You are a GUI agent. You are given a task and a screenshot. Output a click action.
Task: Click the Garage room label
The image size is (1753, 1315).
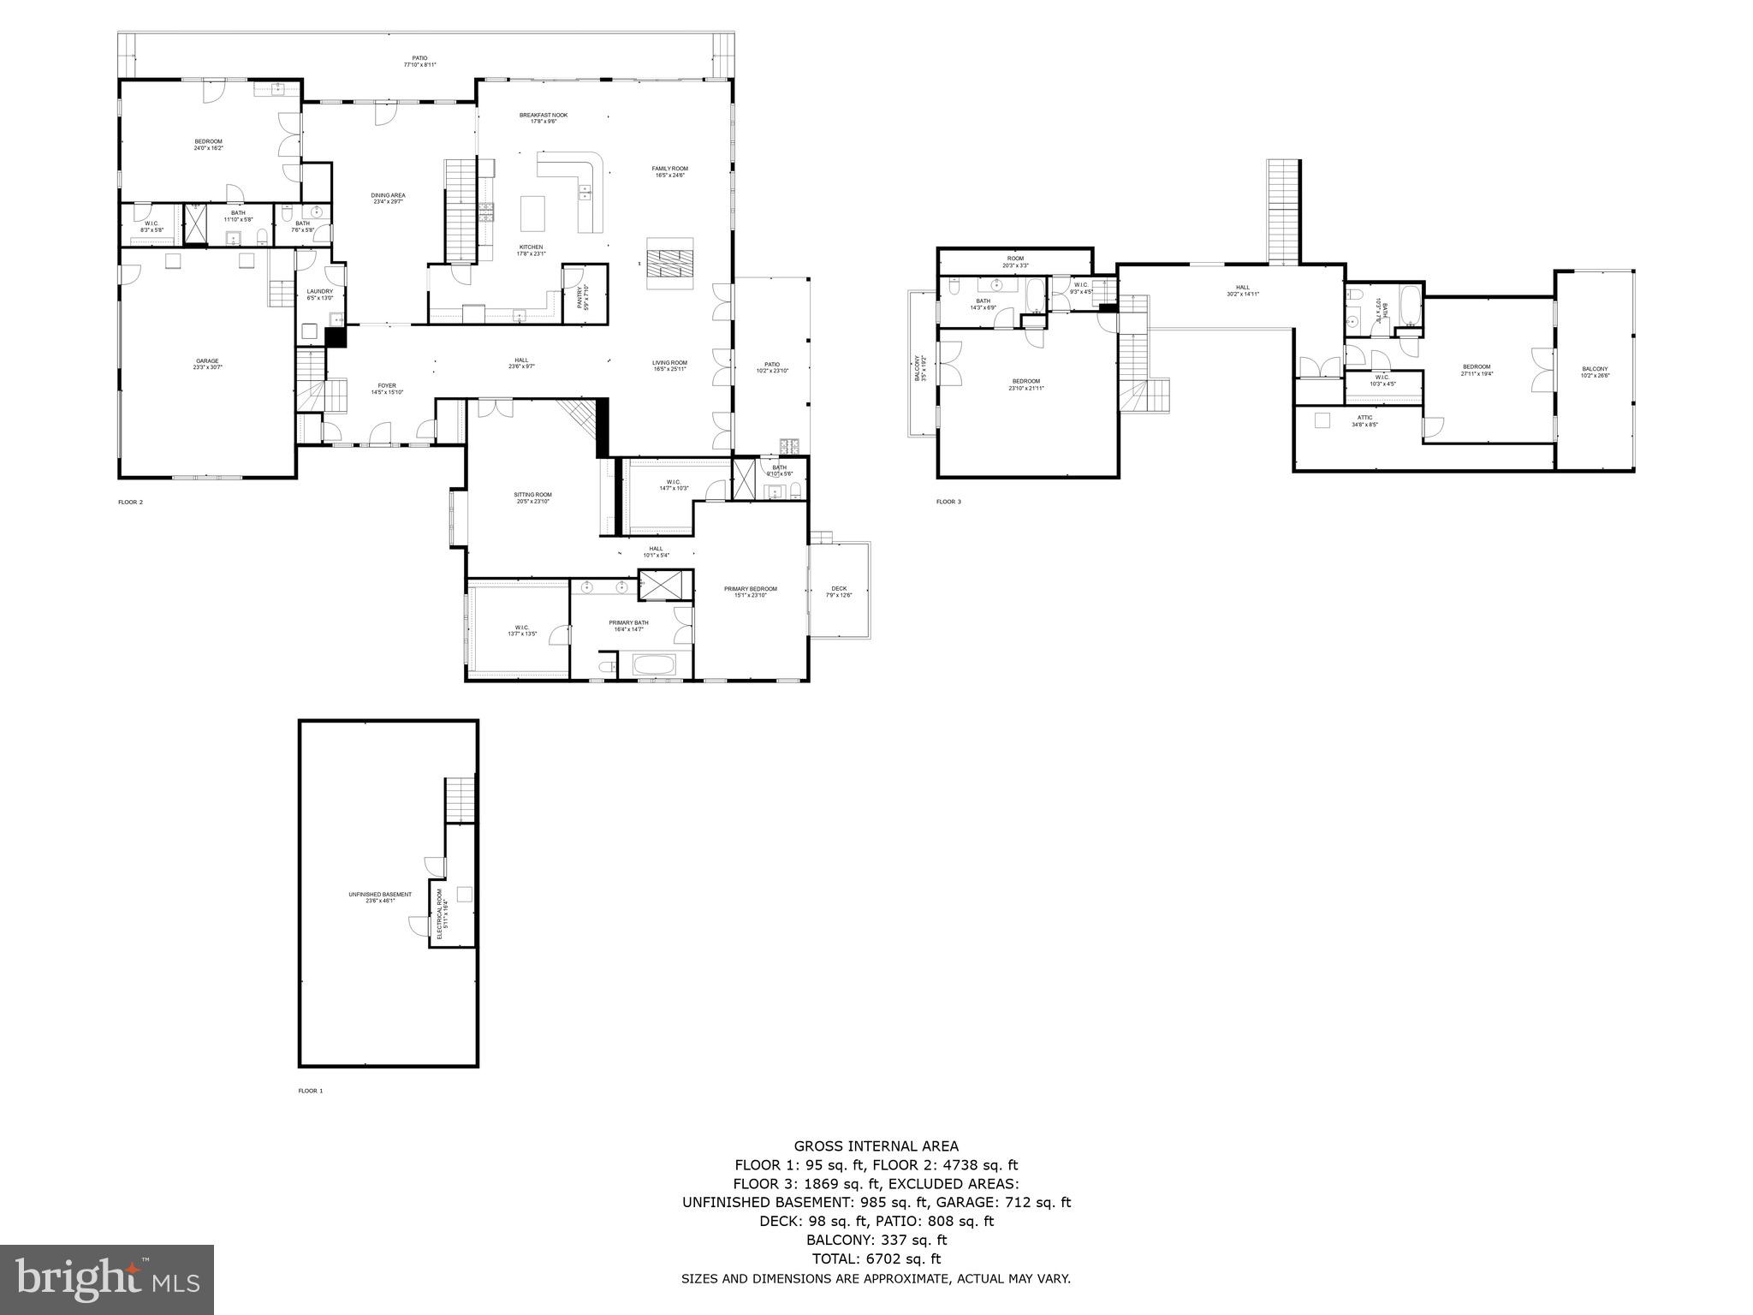[207, 364]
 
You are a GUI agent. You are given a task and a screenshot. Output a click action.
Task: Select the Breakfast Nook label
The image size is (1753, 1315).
[543, 117]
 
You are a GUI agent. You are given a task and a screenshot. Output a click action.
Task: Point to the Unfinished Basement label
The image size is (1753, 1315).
[380, 897]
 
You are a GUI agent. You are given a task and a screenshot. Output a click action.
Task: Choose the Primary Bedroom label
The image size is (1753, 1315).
[750, 591]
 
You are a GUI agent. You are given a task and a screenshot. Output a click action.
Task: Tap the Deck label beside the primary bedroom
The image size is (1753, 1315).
[839, 591]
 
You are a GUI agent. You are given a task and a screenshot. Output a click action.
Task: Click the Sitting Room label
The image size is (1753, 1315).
[532, 497]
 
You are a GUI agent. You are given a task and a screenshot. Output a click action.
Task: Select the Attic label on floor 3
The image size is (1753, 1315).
[1364, 420]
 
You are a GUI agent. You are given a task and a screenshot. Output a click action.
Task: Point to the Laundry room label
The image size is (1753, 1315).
[319, 295]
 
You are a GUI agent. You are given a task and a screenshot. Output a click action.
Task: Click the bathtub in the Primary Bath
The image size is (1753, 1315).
[654, 663]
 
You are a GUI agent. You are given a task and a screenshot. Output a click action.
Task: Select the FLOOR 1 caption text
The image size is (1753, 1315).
[310, 1091]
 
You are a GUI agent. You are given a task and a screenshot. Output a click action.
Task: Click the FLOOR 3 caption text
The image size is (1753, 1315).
[948, 502]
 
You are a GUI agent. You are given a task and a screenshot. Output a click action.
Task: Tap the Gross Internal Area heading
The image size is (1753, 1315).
[876, 1146]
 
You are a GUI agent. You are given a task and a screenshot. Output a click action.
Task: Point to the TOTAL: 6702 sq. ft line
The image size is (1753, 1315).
[876, 1258]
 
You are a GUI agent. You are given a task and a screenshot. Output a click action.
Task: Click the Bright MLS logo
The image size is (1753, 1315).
[107, 1279]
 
